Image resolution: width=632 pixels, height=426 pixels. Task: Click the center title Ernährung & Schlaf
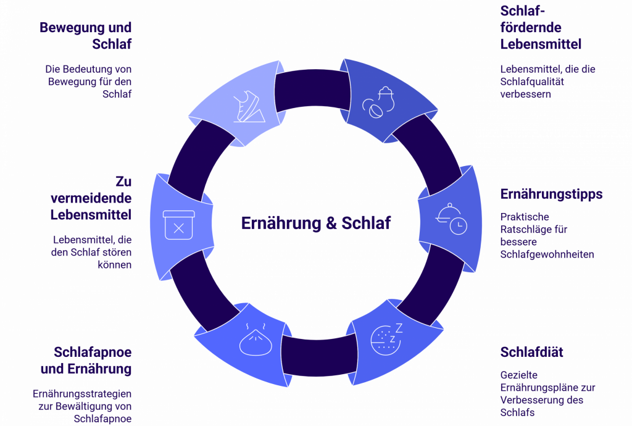315,223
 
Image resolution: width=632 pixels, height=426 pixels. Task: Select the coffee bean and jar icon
378,102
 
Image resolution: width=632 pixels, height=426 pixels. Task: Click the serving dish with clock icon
451,219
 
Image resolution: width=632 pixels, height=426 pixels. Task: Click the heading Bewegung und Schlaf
86,36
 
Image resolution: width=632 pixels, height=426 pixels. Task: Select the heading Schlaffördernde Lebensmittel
541,28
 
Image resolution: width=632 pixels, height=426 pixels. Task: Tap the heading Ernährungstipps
551,194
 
